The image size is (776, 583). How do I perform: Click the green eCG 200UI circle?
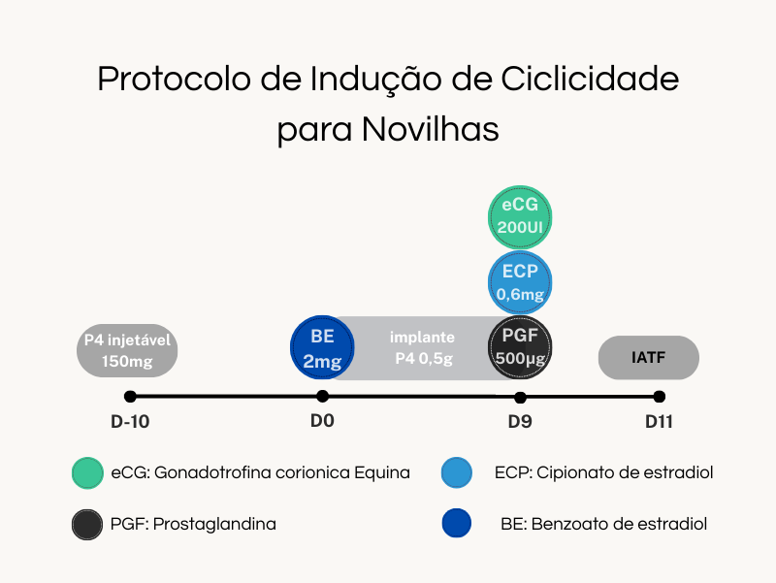(x=520, y=217)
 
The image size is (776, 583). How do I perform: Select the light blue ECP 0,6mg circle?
(x=520, y=283)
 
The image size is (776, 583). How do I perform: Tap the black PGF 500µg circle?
(x=520, y=347)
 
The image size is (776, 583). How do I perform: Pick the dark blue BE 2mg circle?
(x=322, y=347)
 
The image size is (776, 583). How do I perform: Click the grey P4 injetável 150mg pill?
(x=127, y=350)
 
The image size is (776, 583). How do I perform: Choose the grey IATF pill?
(x=648, y=357)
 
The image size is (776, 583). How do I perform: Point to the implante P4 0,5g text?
(x=423, y=347)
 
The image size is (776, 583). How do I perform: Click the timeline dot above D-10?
(x=130, y=397)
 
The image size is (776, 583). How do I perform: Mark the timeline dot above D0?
(x=322, y=396)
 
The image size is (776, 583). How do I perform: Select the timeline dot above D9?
(x=520, y=398)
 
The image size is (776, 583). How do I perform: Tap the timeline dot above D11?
(x=660, y=397)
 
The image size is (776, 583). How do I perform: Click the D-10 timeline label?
(x=130, y=422)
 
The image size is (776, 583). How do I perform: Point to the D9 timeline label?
(x=520, y=422)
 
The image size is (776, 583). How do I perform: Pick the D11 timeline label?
(x=659, y=422)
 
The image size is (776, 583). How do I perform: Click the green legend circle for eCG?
(x=87, y=473)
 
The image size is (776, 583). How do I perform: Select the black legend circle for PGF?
(x=87, y=525)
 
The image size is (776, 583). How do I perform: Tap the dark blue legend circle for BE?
(x=456, y=523)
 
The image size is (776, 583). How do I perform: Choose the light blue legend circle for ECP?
(x=456, y=472)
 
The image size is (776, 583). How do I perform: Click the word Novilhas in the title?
(x=430, y=129)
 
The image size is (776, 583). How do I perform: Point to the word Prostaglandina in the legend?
(x=214, y=524)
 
